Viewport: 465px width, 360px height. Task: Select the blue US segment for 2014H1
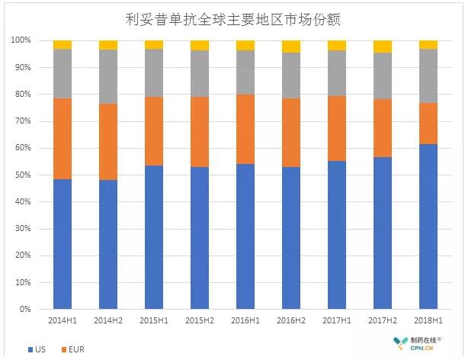click(x=63, y=244)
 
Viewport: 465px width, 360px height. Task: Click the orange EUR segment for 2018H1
click(x=428, y=123)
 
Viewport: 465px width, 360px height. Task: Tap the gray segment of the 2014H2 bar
click(x=108, y=76)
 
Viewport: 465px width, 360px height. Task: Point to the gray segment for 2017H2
click(x=383, y=76)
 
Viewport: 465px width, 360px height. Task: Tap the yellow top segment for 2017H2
click(x=383, y=47)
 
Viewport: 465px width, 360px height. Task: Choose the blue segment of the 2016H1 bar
click(x=245, y=236)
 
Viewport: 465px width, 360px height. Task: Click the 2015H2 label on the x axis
click(x=200, y=322)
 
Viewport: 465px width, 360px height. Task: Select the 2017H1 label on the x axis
click(x=337, y=322)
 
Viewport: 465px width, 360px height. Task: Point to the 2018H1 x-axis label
click(x=428, y=322)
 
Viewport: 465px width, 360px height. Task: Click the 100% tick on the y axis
click(x=21, y=40)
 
